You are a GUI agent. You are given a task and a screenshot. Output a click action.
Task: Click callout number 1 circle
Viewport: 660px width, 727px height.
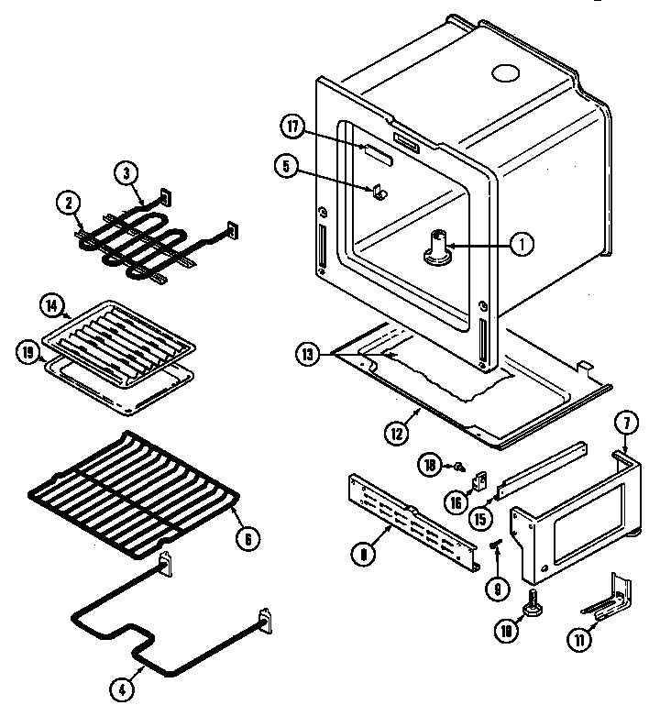[x=521, y=244]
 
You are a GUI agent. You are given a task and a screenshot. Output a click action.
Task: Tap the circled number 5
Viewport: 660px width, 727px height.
[x=286, y=166]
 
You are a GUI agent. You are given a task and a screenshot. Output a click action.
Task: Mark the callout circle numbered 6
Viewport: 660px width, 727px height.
[x=243, y=539]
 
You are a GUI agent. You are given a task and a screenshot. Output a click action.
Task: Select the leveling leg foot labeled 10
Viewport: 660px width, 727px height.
[x=531, y=609]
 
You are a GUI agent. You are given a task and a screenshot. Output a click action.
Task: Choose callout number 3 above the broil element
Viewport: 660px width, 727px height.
[x=126, y=172]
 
